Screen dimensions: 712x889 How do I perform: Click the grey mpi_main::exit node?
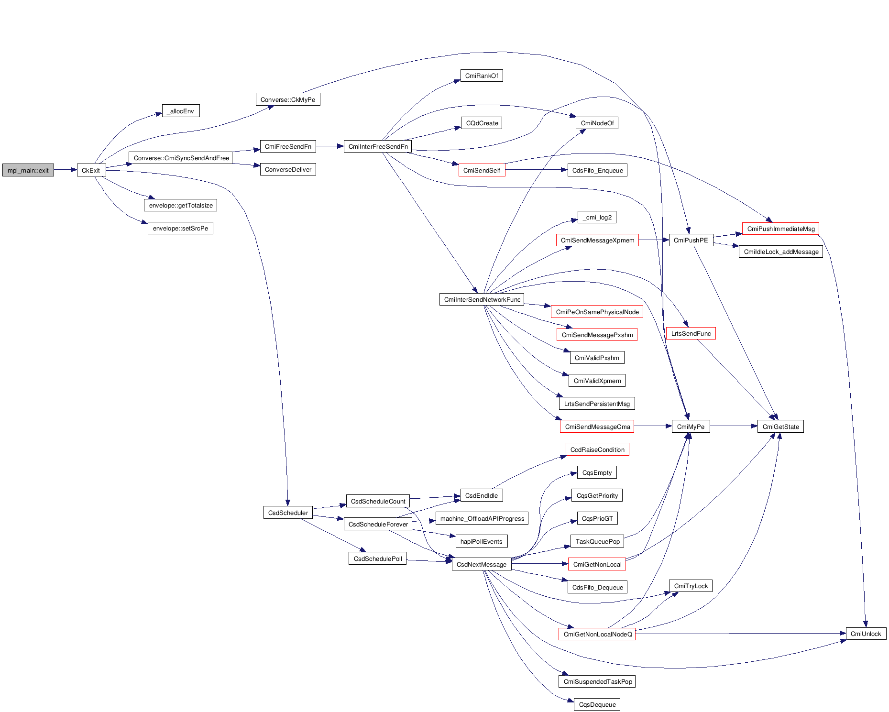pyautogui.click(x=28, y=170)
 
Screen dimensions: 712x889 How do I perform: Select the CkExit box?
pyautogui.click(x=91, y=170)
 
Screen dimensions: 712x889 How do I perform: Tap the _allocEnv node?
pyautogui.click(x=181, y=111)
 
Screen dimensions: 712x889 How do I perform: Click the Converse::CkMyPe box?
pyautogui.click(x=288, y=99)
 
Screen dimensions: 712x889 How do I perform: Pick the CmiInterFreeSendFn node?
pyautogui.click(x=378, y=146)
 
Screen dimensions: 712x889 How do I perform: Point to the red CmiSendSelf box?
pyautogui.click(x=482, y=170)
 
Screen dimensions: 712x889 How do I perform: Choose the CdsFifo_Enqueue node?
pyautogui.click(x=597, y=170)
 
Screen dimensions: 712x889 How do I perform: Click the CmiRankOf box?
pyautogui.click(x=482, y=76)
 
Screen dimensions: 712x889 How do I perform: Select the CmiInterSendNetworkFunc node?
pyautogui.click(x=482, y=299)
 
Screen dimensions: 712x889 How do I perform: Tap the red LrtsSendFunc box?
pyautogui.click(x=691, y=333)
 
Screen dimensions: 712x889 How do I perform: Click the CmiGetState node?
pyautogui.click(x=780, y=427)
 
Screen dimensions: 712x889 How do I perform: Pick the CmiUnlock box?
pyautogui.click(x=866, y=634)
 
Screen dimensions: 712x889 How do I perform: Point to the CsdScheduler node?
pyautogui.click(x=288, y=513)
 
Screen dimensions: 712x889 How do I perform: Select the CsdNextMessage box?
pyautogui.click(x=482, y=564)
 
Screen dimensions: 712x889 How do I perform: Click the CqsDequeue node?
pyautogui.click(x=597, y=704)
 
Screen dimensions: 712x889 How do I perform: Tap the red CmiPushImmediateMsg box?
pyautogui.click(x=780, y=229)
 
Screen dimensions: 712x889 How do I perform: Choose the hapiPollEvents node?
pyautogui.click(x=481, y=541)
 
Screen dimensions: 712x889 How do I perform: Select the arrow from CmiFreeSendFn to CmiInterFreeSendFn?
pyautogui.click(x=330, y=146)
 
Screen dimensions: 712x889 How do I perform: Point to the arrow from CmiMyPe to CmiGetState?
pyautogui.click(x=734, y=426)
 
